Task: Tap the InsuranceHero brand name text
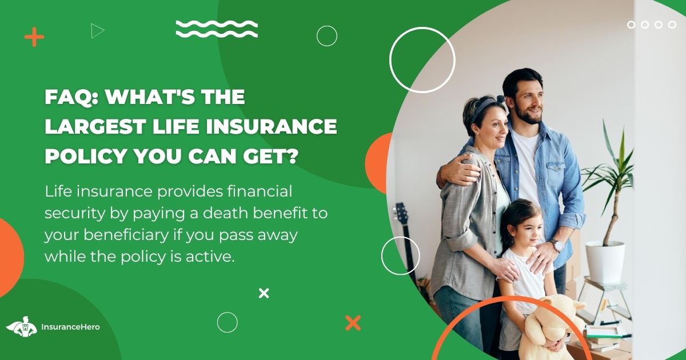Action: [70, 327]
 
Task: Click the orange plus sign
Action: [34, 38]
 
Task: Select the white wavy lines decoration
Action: [217, 29]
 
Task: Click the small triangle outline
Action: [97, 30]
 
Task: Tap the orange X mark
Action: [353, 323]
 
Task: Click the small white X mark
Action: [264, 293]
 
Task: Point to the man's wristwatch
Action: [556, 246]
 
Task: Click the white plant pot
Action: [605, 261]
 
